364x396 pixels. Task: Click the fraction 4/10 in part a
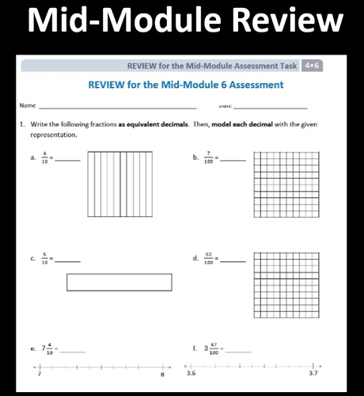tap(45, 158)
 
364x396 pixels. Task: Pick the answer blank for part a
tap(69, 160)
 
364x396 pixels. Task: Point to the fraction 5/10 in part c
tap(45, 258)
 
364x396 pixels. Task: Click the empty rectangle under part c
tap(119, 283)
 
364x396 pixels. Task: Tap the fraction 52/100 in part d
tap(210, 258)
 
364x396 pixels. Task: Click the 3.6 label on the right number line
tap(191, 373)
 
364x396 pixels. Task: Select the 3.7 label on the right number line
tap(313, 373)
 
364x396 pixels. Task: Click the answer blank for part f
tap(241, 349)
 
